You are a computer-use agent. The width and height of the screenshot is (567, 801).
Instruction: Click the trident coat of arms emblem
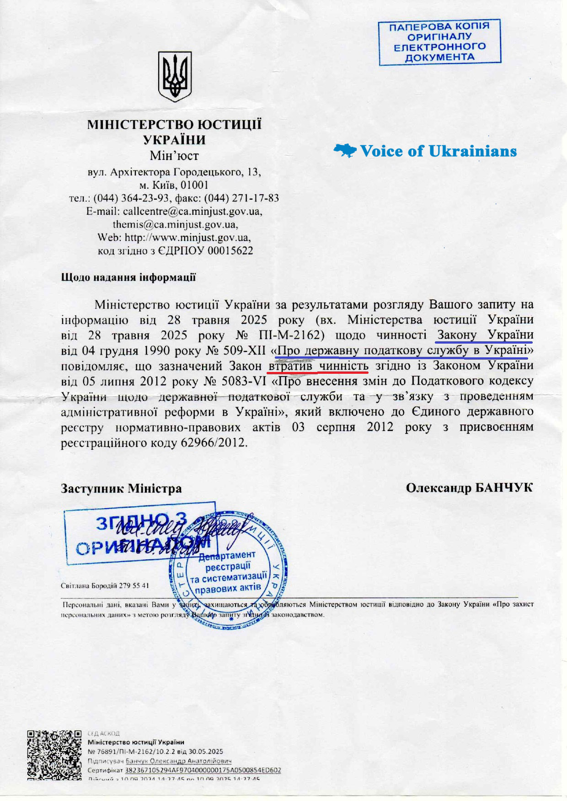[x=175, y=76]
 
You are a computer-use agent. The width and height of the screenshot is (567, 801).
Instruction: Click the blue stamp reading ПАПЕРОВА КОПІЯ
[x=439, y=42]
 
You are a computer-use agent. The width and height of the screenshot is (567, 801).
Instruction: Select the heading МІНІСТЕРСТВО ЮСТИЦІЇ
[x=175, y=125]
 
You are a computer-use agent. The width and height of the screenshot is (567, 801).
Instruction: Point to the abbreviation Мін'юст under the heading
[x=174, y=156]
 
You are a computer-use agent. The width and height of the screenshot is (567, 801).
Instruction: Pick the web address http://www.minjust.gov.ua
[x=187, y=238]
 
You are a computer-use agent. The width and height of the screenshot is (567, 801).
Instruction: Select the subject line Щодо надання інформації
[x=128, y=277]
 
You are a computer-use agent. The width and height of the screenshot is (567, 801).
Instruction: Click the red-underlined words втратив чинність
[x=318, y=366]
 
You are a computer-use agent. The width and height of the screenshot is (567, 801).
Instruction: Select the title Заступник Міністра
[x=121, y=488]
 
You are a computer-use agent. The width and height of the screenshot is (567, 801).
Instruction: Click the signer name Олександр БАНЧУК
[x=469, y=488]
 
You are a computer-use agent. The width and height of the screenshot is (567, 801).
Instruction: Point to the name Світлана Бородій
[x=88, y=586]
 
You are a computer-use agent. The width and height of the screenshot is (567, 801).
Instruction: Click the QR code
[x=54, y=755]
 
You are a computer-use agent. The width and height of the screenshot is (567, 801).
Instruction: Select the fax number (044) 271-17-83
[x=241, y=198]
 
